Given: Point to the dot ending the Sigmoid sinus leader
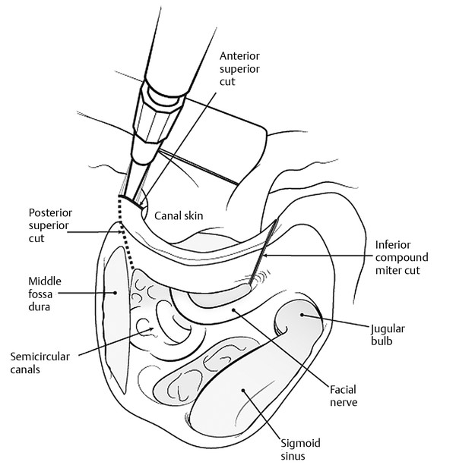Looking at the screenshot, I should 244,391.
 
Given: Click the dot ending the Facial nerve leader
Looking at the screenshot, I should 235,309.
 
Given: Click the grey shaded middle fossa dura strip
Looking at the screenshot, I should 115,319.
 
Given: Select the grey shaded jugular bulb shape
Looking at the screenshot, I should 298,322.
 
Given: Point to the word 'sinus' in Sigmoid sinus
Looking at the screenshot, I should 292,456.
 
